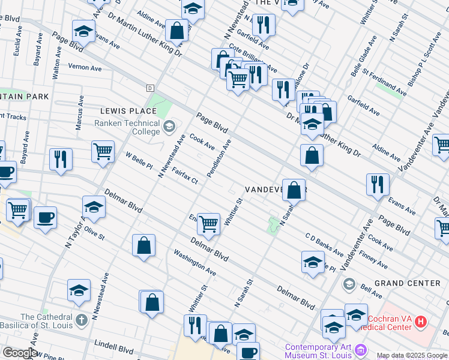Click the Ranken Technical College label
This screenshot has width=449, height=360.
[x=127, y=128]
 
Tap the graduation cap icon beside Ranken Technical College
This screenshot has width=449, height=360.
[x=169, y=125]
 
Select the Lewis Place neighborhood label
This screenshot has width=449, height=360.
[x=128, y=111]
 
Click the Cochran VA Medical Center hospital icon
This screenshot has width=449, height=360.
[x=420, y=322]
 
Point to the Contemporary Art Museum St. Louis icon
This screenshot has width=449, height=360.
[x=360, y=349]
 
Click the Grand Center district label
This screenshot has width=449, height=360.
[x=407, y=283]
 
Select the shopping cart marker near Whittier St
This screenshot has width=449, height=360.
[x=208, y=224]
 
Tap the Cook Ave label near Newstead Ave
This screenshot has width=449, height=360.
[x=202, y=142]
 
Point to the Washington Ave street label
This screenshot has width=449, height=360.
[x=194, y=263]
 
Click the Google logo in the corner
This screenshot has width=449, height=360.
[x=19, y=353]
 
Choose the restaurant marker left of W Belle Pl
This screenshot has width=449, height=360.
[x=60, y=159]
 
